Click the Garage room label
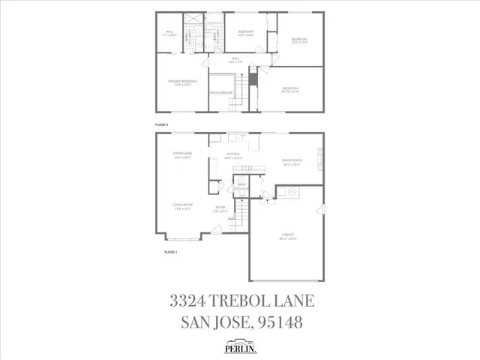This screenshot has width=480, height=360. click(x=289, y=237)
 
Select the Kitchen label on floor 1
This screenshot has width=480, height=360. click(x=236, y=156)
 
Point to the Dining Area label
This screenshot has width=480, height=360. click(x=182, y=154)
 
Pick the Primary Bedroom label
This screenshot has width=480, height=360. click(x=182, y=82)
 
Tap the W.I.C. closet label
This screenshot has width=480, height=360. click(x=170, y=33)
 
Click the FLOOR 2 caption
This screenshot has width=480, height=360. click(x=161, y=122)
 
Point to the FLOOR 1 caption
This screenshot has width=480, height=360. click(x=170, y=252)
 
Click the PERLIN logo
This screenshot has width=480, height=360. click(x=239, y=346)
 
